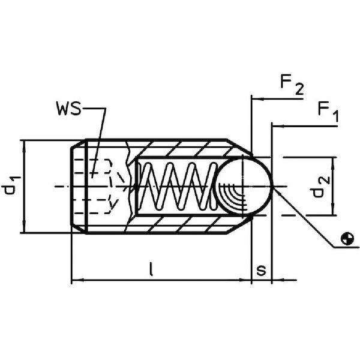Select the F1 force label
(328, 112)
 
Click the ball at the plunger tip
(244, 187)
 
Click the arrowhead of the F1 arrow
(275, 127)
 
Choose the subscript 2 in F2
(299, 90)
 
